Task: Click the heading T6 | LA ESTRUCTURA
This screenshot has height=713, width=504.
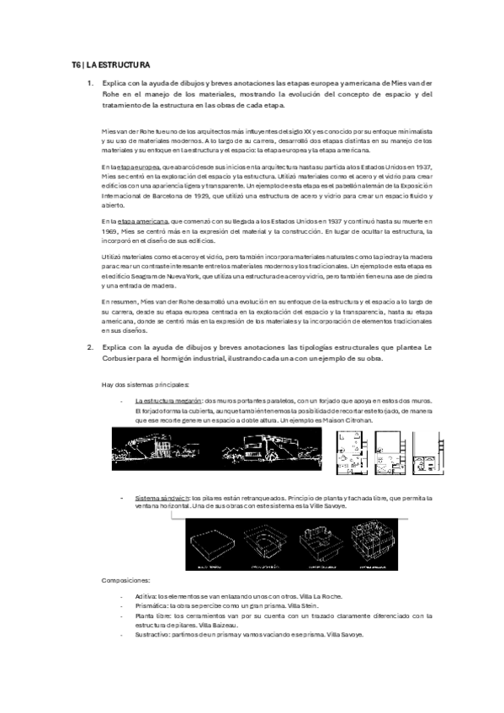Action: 110,63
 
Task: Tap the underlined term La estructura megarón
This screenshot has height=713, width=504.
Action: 167,401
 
